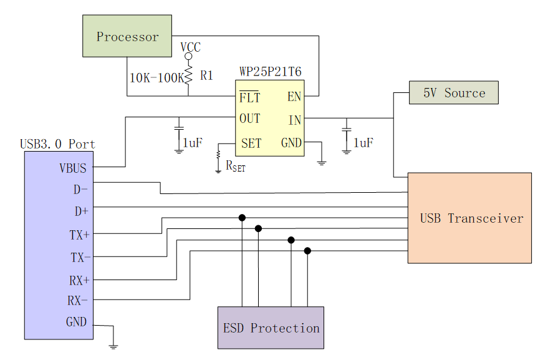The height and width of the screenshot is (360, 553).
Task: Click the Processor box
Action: [x=127, y=37]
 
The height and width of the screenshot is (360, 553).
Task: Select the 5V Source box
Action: [x=454, y=93]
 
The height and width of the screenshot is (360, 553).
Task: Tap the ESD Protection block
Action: [x=271, y=328]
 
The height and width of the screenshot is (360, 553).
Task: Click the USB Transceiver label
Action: [x=471, y=218]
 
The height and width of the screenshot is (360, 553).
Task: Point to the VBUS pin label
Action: [x=73, y=168]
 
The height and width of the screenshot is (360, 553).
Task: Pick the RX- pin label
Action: [x=78, y=301]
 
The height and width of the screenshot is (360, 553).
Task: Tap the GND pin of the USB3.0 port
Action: [x=77, y=323]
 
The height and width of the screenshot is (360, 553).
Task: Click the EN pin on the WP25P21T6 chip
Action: [x=294, y=97]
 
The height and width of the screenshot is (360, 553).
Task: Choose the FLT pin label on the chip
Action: [x=249, y=98]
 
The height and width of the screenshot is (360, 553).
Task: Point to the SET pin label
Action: [x=251, y=144]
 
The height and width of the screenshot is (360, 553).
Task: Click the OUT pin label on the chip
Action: [x=250, y=119]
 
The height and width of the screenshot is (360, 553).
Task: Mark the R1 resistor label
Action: [x=207, y=75]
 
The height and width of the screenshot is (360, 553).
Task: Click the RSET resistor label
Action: [x=235, y=166]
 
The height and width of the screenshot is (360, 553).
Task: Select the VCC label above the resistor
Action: [x=190, y=47]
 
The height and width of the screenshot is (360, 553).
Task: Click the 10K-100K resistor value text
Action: [x=156, y=78]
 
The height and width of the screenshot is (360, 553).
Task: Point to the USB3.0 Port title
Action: [x=57, y=144]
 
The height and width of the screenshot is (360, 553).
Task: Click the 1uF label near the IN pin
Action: [x=363, y=143]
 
